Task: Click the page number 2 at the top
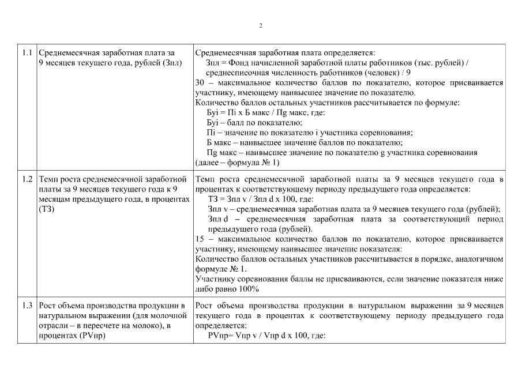pyautogui.click(x=261, y=26)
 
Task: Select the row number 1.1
pyautogui.click(x=27, y=52)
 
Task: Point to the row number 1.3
pyautogui.click(x=27, y=305)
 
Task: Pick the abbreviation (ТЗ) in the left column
pyautogui.click(x=47, y=209)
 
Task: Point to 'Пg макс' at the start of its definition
pyautogui.click(x=220, y=153)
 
